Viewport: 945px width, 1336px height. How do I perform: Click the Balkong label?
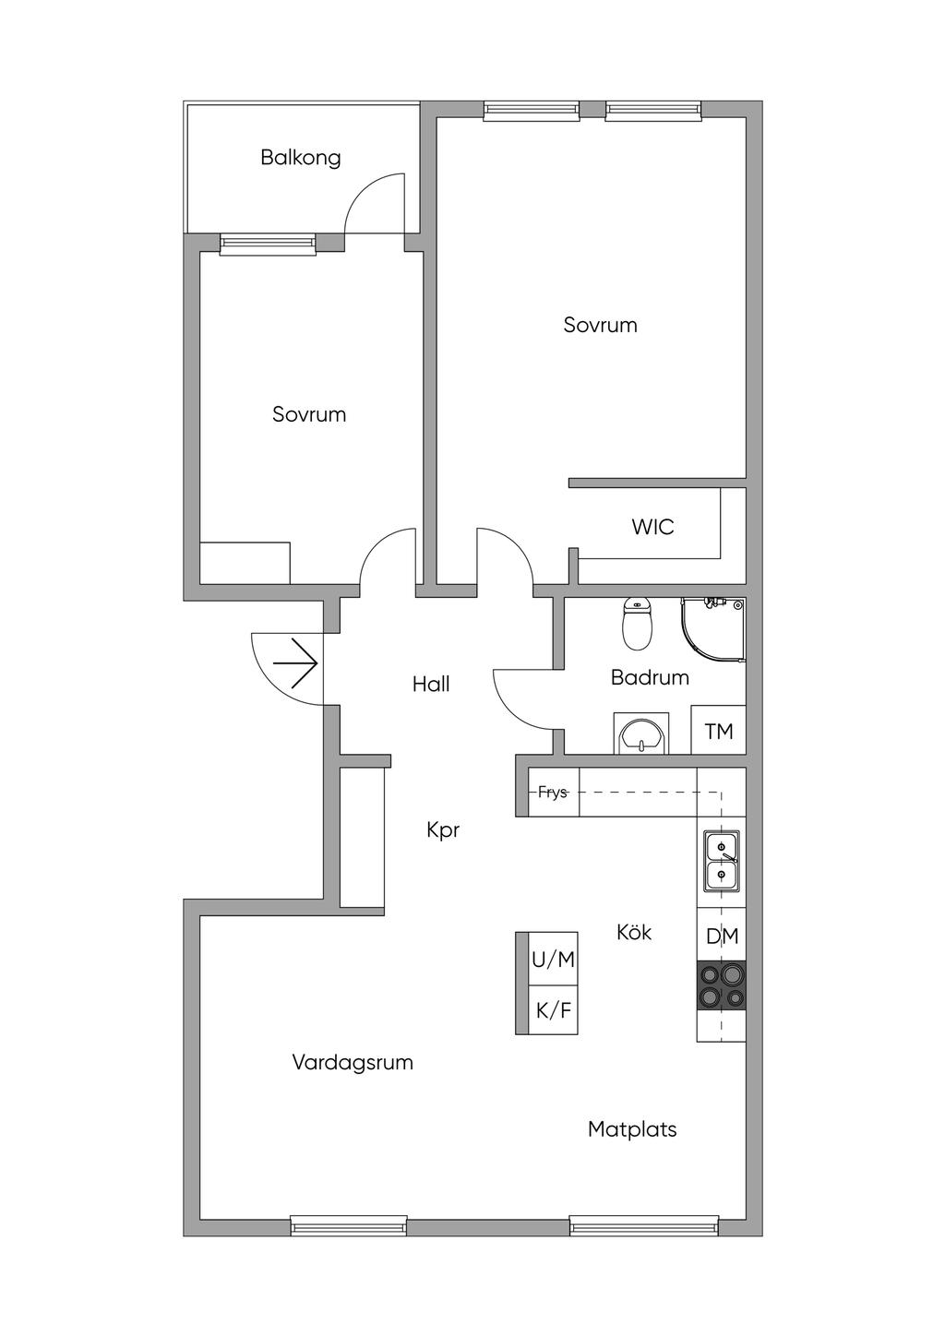(x=300, y=157)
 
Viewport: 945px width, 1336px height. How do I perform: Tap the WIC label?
(x=652, y=527)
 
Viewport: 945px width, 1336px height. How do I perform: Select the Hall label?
(x=431, y=684)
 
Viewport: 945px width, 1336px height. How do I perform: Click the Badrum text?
(x=650, y=677)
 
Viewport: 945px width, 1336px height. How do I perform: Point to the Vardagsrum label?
(x=353, y=1062)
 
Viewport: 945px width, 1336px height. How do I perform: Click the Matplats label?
(x=632, y=1128)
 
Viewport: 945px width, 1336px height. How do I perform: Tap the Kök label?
(x=634, y=933)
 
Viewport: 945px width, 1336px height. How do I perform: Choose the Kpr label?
(x=443, y=829)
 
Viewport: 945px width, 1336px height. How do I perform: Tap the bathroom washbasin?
(x=640, y=735)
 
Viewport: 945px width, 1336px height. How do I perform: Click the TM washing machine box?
(x=719, y=732)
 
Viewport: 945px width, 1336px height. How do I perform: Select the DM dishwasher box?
(x=722, y=936)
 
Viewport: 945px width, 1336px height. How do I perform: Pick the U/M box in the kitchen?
(x=553, y=960)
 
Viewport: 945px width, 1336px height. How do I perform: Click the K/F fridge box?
(x=553, y=1010)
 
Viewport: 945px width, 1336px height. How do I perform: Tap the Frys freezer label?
(x=553, y=793)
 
